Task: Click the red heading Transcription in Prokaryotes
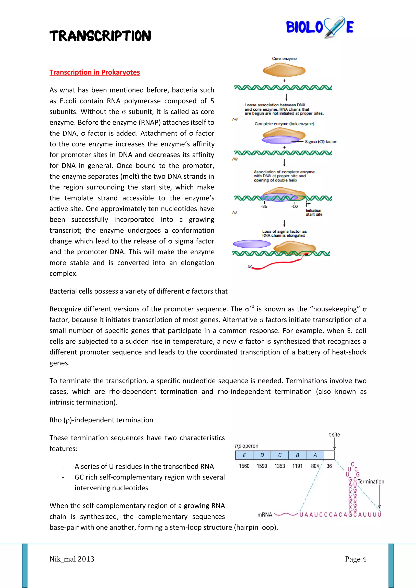pyautogui.click(x=95, y=72)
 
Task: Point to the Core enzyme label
pyautogui.click(x=284, y=59)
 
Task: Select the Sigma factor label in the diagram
pyautogui.click(x=320, y=142)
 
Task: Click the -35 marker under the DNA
pyautogui.click(x=264, y=206)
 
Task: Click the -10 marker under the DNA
pyautogui.click(x=295, y=206)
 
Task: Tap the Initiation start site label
pyautogui.click(x=314, y=212)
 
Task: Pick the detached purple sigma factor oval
pyautogui.click(x=252, y=244)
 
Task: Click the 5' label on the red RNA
pyautogui.click(x=250, y=266)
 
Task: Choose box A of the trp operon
pyautogui.click(x=315, y=455)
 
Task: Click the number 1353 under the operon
pyautogui.click(x=280, y=466)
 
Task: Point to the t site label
pyautogui.click(x=334, y=435)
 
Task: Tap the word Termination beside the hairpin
pyautogui.click(x=371, y=481)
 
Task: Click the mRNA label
pyautogui.click(x=264, y=515)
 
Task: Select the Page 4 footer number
pyautogui.click(x=355, y=559)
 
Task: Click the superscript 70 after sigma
pyautogui.click(x=251, y=306)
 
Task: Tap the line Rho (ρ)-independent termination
pyautogui.click(x=101, y=420)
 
